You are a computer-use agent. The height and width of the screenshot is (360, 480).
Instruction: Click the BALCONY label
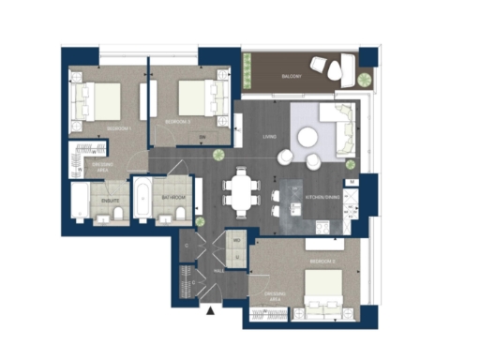coord(292,75)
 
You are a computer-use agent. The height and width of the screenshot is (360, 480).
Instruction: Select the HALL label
coord(218,270)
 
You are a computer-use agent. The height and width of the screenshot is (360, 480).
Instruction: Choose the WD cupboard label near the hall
coord(236,241)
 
